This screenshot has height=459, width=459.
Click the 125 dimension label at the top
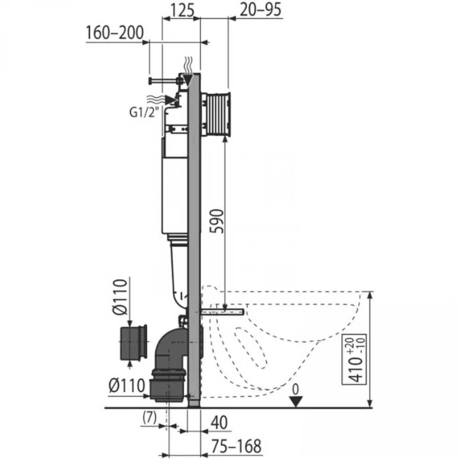pyautogui.click(x=182, y=10)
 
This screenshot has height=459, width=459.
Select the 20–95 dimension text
pyautogui.click(x=261, y=10)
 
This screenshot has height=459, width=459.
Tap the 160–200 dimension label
pyautogui.click(x=115, y=33)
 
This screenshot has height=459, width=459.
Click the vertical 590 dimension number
pyautogui.click(x=218, y=221)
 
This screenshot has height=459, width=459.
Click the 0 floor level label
pyautogui.click(x=296, y=390)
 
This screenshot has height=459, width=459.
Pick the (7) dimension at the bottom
pyautogui.click(x=150, y=417)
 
